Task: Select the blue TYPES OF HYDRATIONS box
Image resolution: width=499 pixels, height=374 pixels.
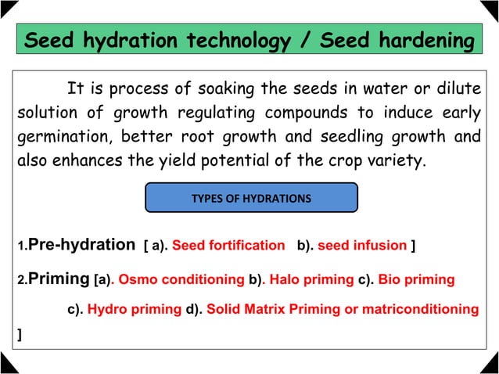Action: tap(251, 199)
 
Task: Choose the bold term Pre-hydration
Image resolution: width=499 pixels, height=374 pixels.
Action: tap(81, 245)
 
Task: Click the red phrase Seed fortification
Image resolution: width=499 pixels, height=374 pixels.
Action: tap(228, 246)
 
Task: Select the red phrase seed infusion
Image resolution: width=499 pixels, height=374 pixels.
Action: tap(362, 246)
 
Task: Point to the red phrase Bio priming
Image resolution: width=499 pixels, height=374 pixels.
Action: tap(417, 279)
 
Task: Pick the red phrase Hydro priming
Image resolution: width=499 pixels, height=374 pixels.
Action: tap(134, 309)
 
